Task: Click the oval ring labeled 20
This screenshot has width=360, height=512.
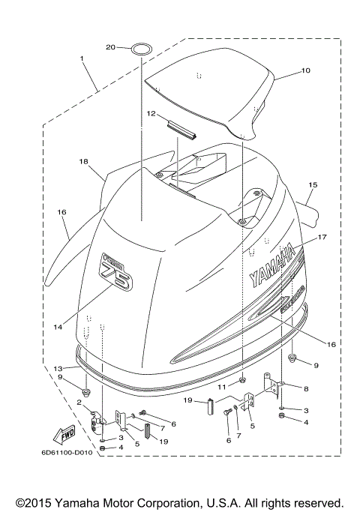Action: [x=140, y=49]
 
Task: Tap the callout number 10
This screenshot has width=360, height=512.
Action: [x=305, y=72]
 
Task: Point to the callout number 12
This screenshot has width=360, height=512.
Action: [x=150, y=115]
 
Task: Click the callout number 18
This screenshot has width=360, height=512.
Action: [x=83, y=161]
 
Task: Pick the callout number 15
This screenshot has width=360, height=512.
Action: [x=313, y=184]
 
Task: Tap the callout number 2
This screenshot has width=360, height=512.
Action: [x=78, y=402]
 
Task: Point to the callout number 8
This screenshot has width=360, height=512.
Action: [x=305, y=389]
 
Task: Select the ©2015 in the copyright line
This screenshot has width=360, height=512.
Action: [x=34, y=502]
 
